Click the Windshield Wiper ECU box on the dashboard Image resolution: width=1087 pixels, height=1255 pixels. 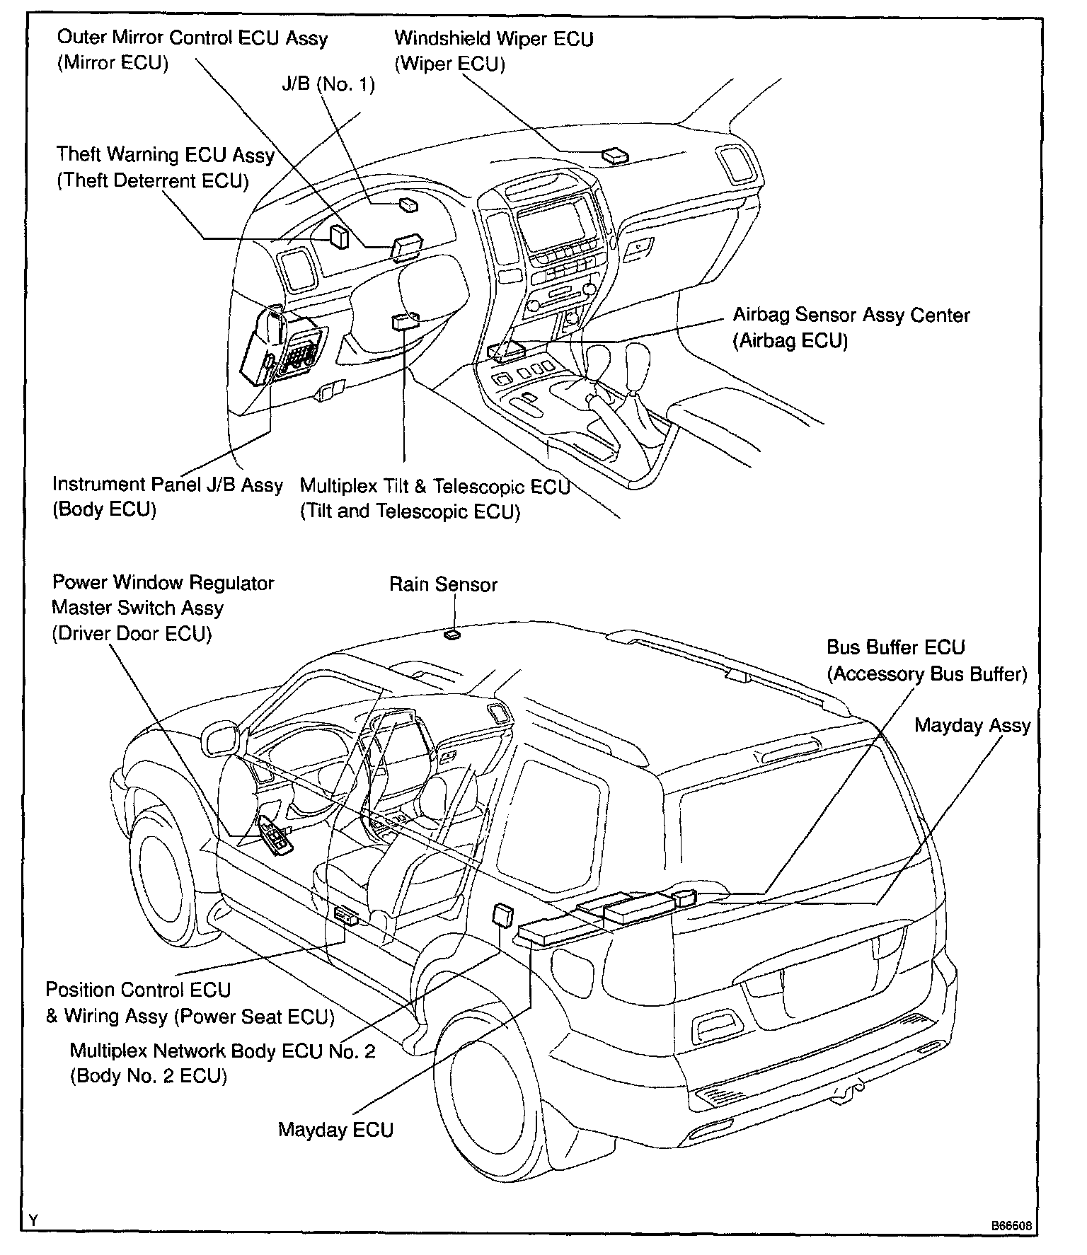[x=614, y=155]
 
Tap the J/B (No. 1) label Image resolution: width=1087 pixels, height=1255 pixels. [x=328, y=84]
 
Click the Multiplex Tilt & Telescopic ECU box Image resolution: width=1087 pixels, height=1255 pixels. [x=405, y=321]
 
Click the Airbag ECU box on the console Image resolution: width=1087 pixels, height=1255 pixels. [x=507, y=352]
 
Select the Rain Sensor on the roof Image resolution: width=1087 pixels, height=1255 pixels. [x=452, y=635]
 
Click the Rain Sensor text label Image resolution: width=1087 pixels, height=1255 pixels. [x=443, y=584]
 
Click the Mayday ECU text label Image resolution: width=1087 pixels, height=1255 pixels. [x=335, y=1129]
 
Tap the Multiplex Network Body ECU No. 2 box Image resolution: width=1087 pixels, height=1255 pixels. [x=504, y=915]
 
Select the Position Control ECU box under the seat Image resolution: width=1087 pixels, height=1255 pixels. [x=346, y=915]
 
